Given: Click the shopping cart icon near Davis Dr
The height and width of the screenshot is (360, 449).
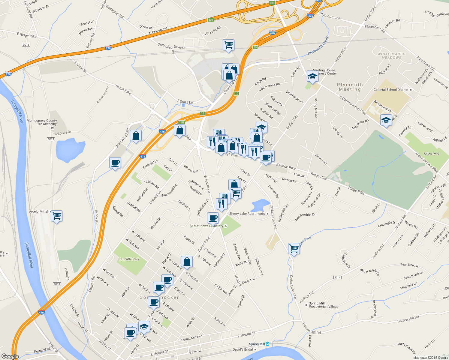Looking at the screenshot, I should pyautogui.click(x=228, y=45).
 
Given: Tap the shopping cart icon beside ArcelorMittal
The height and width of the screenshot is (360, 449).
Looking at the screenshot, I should pyautogui.click(x=56, y=216).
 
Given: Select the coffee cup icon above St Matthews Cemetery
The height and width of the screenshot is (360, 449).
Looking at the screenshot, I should pyautogui.click(x=213, y=218).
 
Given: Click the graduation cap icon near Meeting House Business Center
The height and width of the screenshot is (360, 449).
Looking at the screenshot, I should pyautogui.click(x=312, y=76).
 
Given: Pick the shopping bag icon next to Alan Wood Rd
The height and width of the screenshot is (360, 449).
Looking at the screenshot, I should pyautogui.click(x=136, y=136).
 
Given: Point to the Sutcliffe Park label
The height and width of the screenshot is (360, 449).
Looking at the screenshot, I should pyautogui.click(x=129, y=259).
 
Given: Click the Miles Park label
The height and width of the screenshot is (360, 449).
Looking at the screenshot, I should pyautogui.click(x=431, y=154).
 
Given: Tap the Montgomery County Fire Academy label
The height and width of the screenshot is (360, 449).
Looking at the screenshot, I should pyautogui.click(x=42, y=122).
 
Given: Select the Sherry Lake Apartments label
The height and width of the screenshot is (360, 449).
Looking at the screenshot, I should pyautogui.click(x=247, y=214).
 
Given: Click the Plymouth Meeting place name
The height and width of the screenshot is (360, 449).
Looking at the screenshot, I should pyautogui.click(x=350, y=87).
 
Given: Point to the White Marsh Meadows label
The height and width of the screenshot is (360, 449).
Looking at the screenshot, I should pyautogui.click(x=391, y=56).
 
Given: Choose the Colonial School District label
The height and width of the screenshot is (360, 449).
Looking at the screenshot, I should pyautogui.click(x=391, y=90).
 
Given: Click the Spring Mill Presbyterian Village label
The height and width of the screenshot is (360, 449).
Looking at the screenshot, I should pyautogui.click(x=323, y=305).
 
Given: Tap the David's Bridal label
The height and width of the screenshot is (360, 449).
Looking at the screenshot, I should pyautogui.click(x=243, y=349).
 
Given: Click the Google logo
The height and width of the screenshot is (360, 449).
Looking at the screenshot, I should pyautogui.click(x=10, y=356).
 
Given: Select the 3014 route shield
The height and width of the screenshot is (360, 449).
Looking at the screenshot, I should pyautogui.click(x=337, y=277).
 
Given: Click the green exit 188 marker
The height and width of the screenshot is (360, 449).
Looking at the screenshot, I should pyautogui.click(x=181, y=122).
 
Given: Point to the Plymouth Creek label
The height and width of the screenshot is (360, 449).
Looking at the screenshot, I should pyautogui.click(x=318, y=46).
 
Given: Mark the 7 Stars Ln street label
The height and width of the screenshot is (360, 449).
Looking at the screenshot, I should pyautogui.click(x=185, y=102).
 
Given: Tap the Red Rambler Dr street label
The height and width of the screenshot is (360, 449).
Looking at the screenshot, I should pyautogui.click(x=305, y=217).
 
